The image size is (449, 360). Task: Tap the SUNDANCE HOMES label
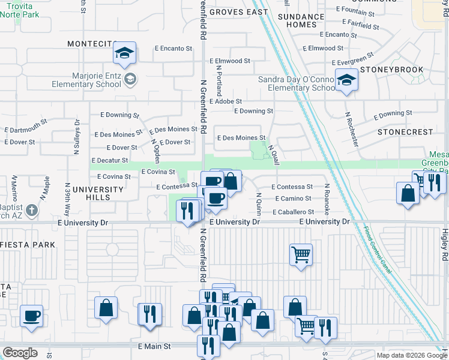coord(301,20)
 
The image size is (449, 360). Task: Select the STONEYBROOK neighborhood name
coord(393,70)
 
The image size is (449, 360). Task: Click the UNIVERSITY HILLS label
coord(98,194)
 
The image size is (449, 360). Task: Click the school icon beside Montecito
coord(124,54)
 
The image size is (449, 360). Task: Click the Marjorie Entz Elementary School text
coord(80,80)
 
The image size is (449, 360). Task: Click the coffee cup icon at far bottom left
coord(31,315)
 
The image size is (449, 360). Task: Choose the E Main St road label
coord(154,346)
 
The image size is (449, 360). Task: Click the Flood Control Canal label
coord(378,250)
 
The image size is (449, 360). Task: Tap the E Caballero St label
coord(293,212)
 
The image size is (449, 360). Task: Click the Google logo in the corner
coord(20,353)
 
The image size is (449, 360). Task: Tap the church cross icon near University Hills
coord(32,211)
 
